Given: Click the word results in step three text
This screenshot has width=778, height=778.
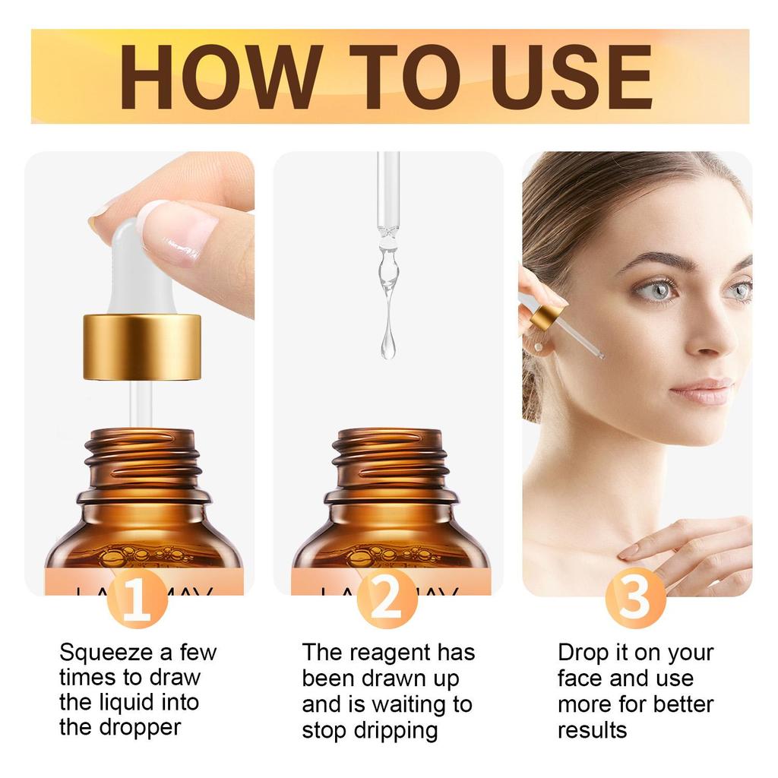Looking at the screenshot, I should [592, 731].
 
